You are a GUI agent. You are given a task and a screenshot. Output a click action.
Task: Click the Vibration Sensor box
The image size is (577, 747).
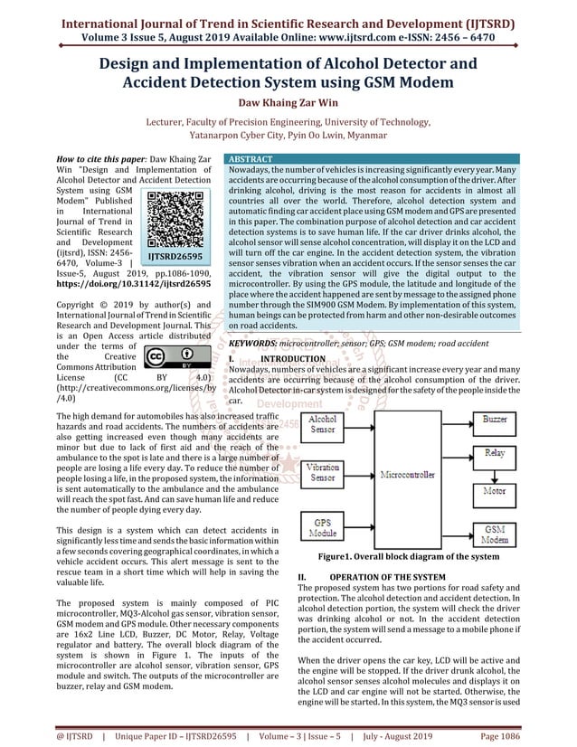pyautogui.click(x=323, y=471)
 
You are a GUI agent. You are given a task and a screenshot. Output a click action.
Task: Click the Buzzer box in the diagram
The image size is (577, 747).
pyautogui.click(x=495, y=420)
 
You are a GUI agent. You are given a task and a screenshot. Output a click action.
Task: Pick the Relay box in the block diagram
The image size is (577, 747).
pyautogui.click(x=495, y=452)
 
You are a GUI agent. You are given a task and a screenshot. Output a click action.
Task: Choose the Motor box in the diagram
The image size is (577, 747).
pyautogui.click(x=495, y=491)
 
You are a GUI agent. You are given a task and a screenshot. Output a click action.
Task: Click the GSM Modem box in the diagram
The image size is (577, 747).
pyautogui.click(x=495, y=534)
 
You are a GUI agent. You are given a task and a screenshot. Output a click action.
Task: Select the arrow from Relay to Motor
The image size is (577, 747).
pyautogui.click(x=495, y=472)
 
